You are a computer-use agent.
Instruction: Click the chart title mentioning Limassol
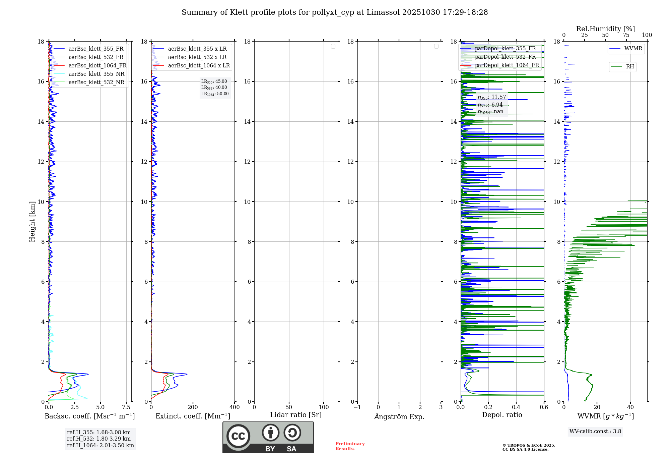pos(335,12)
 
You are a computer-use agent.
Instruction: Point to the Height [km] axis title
pos(32,222)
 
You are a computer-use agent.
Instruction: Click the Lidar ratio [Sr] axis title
pos(296,415)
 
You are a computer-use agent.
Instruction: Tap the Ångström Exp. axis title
pos(399,417)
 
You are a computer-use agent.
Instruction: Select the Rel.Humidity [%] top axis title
pos(605,29)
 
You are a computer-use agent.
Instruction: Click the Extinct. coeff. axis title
pos(193,416)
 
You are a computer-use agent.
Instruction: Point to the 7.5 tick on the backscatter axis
pos(126,407)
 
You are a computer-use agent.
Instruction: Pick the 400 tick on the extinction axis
pos(234,407)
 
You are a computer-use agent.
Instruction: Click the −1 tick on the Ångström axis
pos(357,407)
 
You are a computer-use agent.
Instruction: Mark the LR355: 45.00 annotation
pos(214,81)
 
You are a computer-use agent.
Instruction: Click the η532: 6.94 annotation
pos(490,105)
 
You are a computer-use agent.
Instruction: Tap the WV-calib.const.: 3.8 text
pos(595,432)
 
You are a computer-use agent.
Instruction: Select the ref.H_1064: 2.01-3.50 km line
pos(100,446)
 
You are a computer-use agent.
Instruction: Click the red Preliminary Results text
pos(350,446)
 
